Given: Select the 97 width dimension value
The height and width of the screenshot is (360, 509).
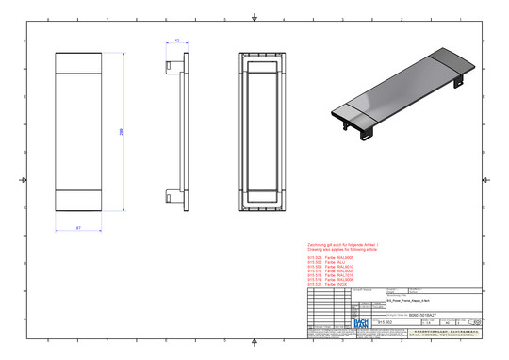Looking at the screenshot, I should (x=77, y=227).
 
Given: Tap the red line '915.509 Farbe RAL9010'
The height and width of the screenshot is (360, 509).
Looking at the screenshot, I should (x=329, y=266).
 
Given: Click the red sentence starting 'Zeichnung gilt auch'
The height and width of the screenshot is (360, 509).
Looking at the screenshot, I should (x=343, y=243).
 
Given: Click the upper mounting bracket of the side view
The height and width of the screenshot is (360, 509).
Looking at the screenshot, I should (x=173, y=65).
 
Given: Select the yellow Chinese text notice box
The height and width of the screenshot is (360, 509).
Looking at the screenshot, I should (x=443, y=335).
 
